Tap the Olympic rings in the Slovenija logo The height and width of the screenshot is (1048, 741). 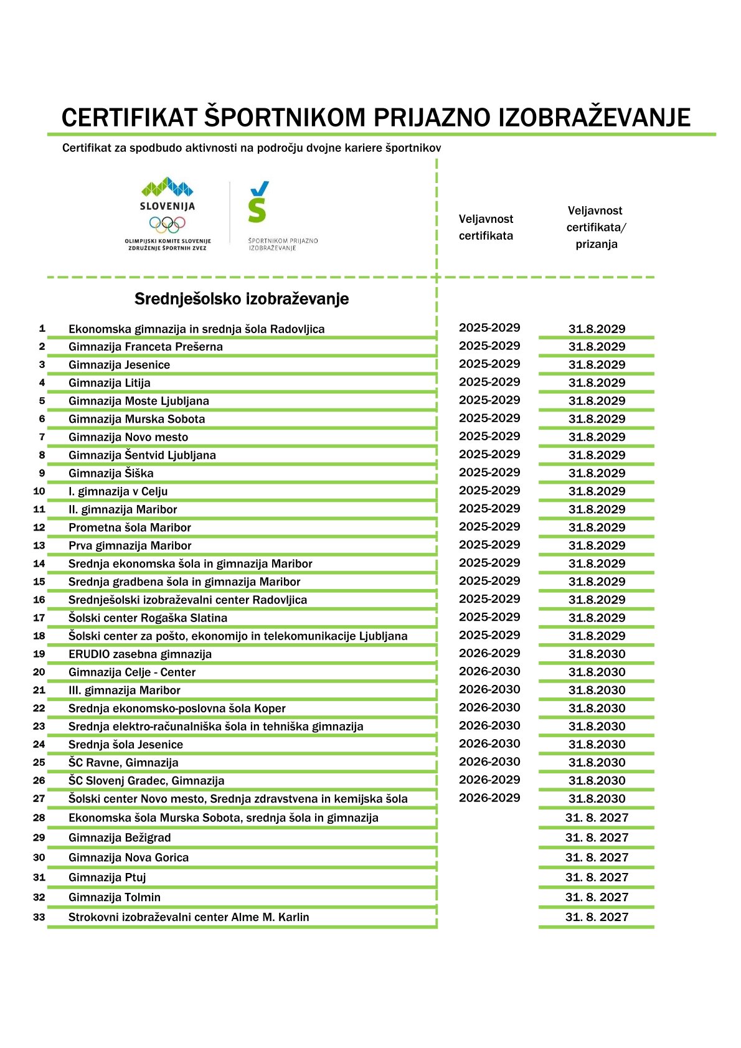point(168,224)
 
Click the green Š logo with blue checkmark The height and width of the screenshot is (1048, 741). point(258,202)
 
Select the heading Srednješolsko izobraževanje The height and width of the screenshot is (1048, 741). point(242,299)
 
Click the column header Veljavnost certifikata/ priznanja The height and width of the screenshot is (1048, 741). point(596,227)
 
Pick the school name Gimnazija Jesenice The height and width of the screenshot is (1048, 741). point(119,365)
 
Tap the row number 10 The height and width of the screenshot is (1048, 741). point(39,491)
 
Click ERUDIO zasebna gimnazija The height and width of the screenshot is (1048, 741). point(140,654)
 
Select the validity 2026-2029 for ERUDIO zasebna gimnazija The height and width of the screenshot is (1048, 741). point(489,653)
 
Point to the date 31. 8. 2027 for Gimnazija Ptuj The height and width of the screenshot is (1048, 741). point(597,877)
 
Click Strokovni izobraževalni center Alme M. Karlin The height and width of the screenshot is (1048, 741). point(189,917)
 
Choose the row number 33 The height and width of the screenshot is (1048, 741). point(39,917)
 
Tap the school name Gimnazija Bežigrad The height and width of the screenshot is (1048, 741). point(120,838)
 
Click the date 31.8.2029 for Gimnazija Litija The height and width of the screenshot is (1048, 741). point(597,383)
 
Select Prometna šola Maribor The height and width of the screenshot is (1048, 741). point(130,527)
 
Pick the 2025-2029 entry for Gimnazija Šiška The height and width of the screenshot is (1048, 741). point(489,473)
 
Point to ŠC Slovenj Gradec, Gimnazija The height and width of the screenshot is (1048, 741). point(146,781)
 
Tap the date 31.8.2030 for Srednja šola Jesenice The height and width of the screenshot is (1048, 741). point(597,745)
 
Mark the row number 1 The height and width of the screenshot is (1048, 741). point(42,329)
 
